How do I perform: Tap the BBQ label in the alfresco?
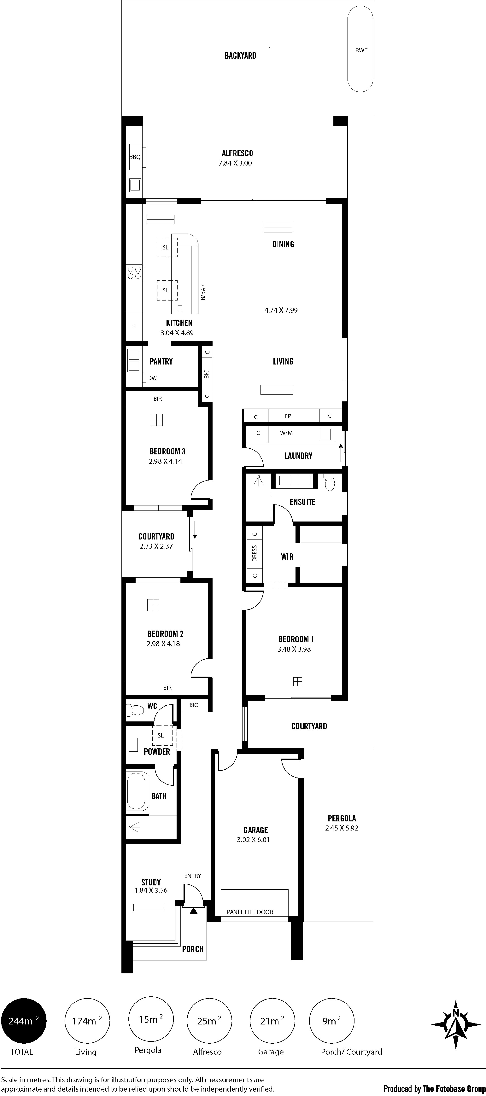[x=135, y=157]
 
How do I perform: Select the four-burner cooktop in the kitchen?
[x=134, y=272]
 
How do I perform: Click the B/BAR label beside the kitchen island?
[x=203, y=292]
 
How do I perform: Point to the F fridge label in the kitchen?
[x=134, y=327]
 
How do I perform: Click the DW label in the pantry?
[x=152, y=378]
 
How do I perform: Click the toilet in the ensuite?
[x=330, y=483]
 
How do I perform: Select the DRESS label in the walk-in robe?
[x=254, y=553]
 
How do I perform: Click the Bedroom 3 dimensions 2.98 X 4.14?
[x=165, y=461]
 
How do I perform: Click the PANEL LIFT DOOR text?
[x=250, y=912]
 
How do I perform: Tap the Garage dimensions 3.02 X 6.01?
[x=253, y=840]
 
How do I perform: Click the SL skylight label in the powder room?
[x=160, y=735]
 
